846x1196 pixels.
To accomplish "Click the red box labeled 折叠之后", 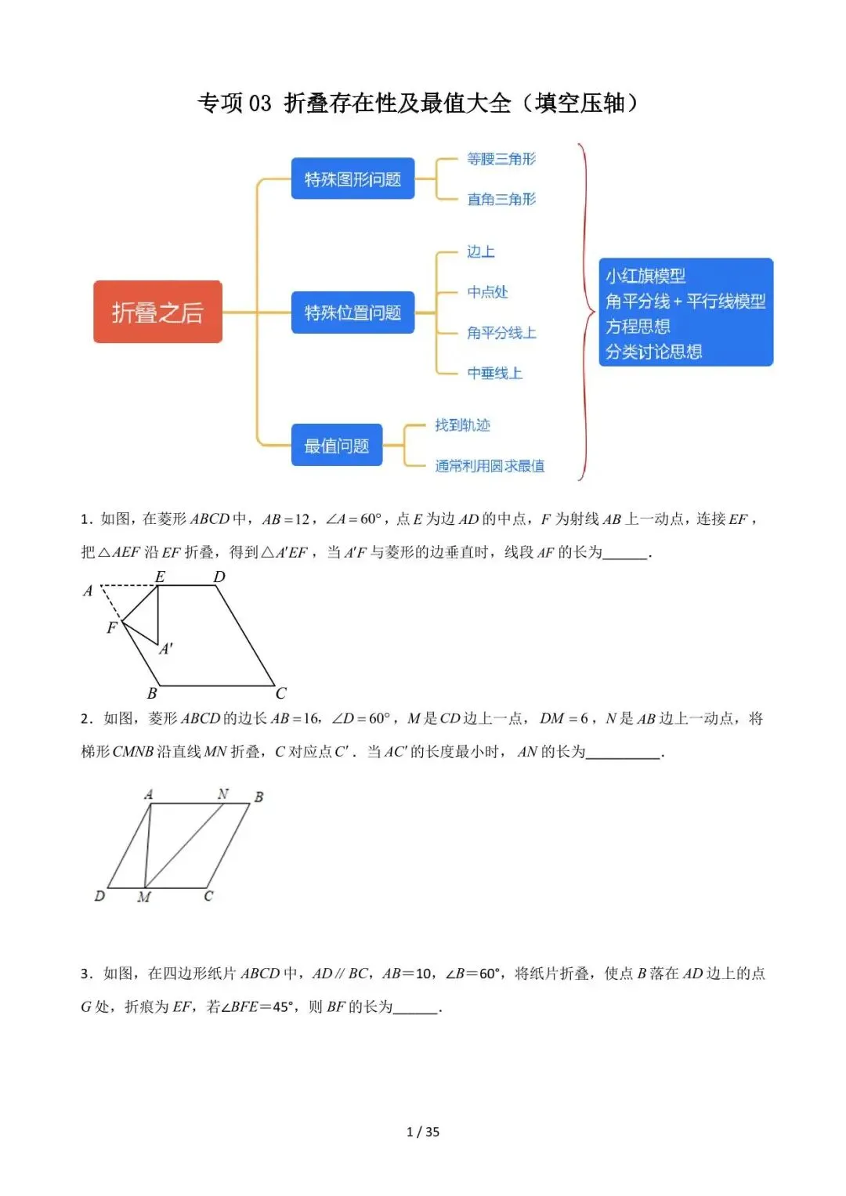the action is (x=157, y=312).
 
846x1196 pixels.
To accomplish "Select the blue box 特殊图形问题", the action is (x=352, y=179).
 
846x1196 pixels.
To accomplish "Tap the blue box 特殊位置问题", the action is (x=352, y=313).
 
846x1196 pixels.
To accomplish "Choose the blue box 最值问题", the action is (x=337, y=446).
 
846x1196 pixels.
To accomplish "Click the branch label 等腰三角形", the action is (x=501, y=159).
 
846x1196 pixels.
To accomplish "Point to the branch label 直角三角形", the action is (x=501, y=200).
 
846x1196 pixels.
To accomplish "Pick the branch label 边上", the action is (x=481, y=251).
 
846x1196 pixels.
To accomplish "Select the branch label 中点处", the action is (x=487, y=292).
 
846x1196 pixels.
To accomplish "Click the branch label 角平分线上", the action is (x=501, y=333).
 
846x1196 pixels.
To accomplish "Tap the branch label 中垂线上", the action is (x=494, y=374).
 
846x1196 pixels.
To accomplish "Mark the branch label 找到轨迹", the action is (x=462, y=425).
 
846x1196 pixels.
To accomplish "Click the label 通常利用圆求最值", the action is (x=490, y=466).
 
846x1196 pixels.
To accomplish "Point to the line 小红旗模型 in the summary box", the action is (x=645, y=276).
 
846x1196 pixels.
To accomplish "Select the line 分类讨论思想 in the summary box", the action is (x=653, y=352).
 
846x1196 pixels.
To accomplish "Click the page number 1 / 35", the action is (x=423, y=1132).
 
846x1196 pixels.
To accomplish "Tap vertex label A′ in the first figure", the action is (x=166, y=649).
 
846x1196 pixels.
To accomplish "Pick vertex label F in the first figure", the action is (x=111, y=627).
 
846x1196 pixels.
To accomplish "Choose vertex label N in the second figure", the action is (x=223, y=794).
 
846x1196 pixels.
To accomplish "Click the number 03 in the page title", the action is (x=259, y=103).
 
